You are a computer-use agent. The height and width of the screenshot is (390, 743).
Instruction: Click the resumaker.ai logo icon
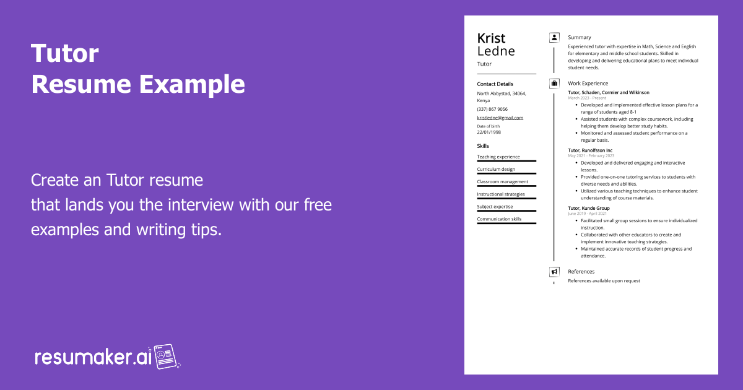click(x=165, y=357)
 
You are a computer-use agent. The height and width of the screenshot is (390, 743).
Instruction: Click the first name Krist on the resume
click(x=491, y=38)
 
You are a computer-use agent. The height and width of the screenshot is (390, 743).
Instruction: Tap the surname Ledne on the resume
click(x=496, y=51)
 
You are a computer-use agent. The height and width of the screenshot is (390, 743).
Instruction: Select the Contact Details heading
click(x=495, y=84)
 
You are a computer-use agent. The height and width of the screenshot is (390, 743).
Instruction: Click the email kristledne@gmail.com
click(x=500, y=118)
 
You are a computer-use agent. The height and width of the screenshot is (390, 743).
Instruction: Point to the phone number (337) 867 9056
click(x=492, y=109)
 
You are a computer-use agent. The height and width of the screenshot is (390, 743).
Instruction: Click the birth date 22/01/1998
click(x=489, y=132)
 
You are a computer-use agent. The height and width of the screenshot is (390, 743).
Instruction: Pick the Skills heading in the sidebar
click(x=483, y=146)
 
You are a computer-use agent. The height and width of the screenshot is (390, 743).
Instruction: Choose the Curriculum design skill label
click(x=496, y=169)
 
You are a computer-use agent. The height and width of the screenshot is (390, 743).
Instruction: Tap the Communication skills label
click(x=499, y=219)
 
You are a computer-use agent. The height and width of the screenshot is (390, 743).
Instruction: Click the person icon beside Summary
click(x=554, y=38)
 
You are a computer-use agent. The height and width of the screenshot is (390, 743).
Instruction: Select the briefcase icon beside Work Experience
click(x=554, y=84)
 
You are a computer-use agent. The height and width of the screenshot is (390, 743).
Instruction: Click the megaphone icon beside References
click(x=554, y=272)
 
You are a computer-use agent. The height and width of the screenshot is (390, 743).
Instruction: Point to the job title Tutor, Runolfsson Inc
click(x=590, y=150)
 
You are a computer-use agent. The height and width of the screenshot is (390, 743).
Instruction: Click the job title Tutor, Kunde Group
click(x=588, y=209)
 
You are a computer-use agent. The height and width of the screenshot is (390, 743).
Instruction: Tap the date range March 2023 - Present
click(x=587, y=98)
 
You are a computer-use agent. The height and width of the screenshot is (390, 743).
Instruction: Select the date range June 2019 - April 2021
click(x=588, y=214)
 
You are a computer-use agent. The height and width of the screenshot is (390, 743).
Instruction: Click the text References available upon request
click(x=604, y=281)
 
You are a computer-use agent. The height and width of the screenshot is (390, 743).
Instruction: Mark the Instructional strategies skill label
click(x=500, y=194)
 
